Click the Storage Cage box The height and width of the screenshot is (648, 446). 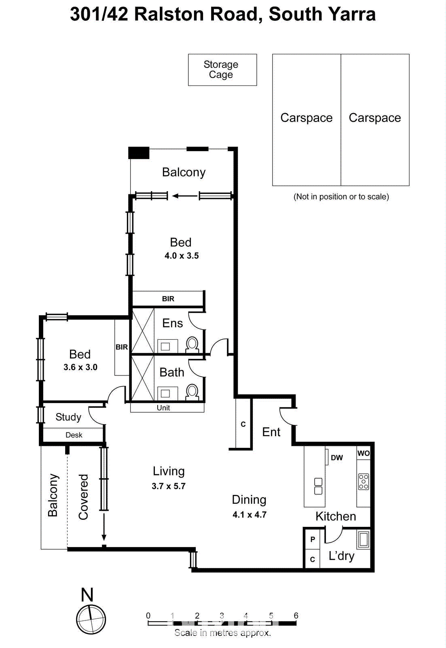222,70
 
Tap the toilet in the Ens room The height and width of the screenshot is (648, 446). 192,345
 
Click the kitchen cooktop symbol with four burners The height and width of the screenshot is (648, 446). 363,482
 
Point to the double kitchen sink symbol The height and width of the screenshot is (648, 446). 318,486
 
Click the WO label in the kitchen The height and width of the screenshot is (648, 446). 363,453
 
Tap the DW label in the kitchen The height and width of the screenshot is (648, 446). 336,458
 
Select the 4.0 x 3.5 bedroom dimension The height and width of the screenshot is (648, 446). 182,256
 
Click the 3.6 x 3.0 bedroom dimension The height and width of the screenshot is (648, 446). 80,367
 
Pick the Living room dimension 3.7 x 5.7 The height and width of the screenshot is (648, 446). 169,486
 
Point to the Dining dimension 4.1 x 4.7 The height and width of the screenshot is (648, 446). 249,515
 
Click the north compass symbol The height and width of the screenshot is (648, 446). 91,619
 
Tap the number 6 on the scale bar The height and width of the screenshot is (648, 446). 296,616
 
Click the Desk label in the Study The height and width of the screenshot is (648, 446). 74,435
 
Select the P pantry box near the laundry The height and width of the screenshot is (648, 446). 312,539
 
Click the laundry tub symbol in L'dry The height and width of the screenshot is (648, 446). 363,539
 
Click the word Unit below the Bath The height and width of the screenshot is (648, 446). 163,408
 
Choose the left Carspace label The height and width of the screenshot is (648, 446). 306,118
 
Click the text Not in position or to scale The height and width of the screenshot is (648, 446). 341,197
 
